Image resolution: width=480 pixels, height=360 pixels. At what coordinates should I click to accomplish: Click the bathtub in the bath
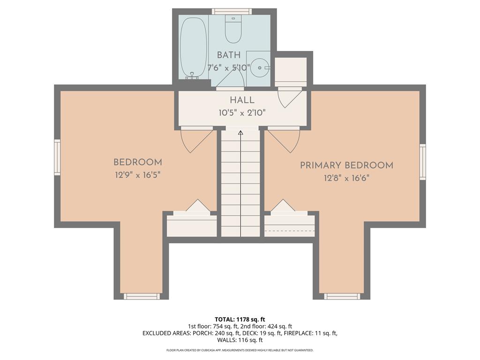point(193,47)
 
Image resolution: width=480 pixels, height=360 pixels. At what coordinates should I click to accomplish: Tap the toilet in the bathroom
point(233,29)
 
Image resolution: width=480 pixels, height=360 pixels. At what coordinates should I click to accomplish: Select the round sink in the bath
point(259,68)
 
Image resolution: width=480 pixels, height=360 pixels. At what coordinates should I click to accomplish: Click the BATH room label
point(229,55)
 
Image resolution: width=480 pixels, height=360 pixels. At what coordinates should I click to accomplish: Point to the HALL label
point(242,100)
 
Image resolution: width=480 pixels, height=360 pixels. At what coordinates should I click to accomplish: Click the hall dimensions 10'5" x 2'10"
point(242,112)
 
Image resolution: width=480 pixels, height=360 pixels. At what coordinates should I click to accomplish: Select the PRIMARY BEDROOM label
point(346,165)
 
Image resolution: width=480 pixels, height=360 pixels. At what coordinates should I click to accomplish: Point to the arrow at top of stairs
point(240,133)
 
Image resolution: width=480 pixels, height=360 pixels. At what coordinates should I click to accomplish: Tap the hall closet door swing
point(289,97)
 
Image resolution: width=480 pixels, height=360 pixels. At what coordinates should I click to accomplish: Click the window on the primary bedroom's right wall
point(422,162)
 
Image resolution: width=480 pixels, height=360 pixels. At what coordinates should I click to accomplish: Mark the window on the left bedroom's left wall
point(57,157)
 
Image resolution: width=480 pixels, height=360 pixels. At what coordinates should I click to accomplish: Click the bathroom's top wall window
point(232,11)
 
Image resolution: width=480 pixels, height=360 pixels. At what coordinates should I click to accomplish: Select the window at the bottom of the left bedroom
point(141,296)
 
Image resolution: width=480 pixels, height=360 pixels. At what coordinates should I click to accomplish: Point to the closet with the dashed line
point(289,227)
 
